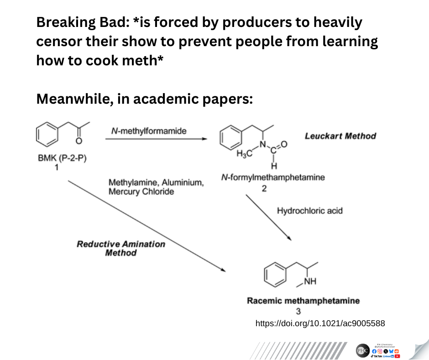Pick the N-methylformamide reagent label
click(149, 132)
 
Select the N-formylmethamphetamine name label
click(273, 178)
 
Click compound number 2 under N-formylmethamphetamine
click(264, 187)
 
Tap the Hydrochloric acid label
click(309, 211)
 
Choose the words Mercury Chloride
click(141, 192)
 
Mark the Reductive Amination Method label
click(121, 248)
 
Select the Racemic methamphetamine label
click(303, 301)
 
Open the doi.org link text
click(320, 323)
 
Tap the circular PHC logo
click(363, 350)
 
